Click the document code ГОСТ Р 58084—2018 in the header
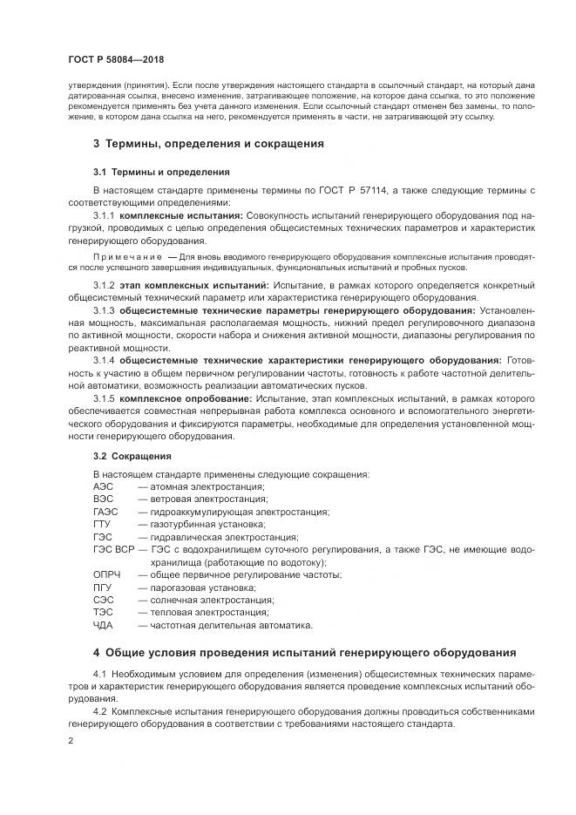pyautogui.click(x=115, y=58)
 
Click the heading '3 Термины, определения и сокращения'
pyautogui.click(x=208, y=143)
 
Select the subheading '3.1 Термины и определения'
pyautogui.click(x=148, y=172)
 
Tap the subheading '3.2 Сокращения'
pyautogui.click(x=132, y=456)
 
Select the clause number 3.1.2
pyautogui.click(x=104, y=285)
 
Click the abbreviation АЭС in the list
pyautogui.click(x=103, y=486)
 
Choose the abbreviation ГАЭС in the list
pyautogui.click(x=105, y=512)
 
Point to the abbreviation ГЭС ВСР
pyautogui.click(x=113, y=550)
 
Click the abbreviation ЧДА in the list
pyautogui.click(x=104, y=625)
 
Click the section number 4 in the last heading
pyautogui.click(x=96, y=652)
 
